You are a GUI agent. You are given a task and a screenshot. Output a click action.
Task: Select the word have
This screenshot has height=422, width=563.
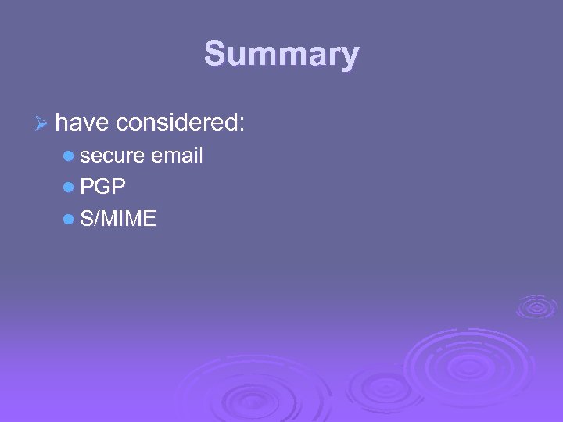pyautogui.click(x=83, y=122)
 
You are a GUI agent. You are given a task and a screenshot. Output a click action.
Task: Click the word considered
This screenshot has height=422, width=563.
pyautogui.click(x=177, y=122)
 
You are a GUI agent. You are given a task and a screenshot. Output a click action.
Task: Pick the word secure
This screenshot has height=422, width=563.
pyautogui.click(x=112, y=156)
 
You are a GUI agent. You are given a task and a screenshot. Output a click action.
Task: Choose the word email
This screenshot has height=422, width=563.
pyautogui.click(x=177, y=156)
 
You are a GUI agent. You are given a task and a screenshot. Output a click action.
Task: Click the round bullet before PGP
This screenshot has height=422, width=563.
pyautogui.click(x=69, y=188)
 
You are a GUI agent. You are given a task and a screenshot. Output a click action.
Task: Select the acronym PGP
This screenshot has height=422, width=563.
pyautogui.click(x=102, y=188)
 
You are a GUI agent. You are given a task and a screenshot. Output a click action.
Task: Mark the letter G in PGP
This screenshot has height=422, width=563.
pyautogui.click(x=102, y=188)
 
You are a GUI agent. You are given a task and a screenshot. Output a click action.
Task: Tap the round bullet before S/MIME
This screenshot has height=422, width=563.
pyautogui.click(x=69, y=220)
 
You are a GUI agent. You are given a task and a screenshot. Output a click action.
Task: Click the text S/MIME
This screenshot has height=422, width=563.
pyautogui.click(x=118, y=220)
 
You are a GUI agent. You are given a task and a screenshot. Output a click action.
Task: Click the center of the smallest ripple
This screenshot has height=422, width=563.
pyautogui.click(x=536, y=306)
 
